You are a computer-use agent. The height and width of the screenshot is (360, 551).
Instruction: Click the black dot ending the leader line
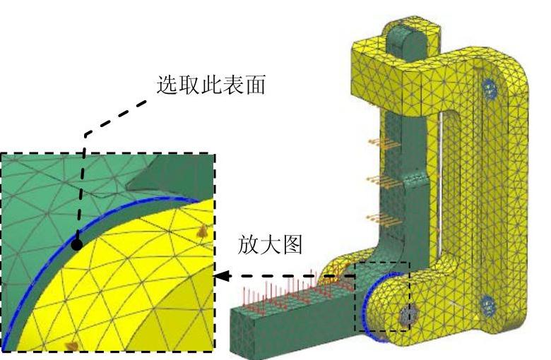(76, 245)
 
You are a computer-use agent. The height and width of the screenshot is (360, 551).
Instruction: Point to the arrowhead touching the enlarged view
(221, 277)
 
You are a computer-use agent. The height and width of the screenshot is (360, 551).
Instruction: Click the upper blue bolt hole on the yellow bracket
(487, 88)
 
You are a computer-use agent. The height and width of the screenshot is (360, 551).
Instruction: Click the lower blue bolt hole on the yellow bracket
(487, 305)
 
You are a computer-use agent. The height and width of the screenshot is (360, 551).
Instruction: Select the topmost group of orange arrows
(381, 143)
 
